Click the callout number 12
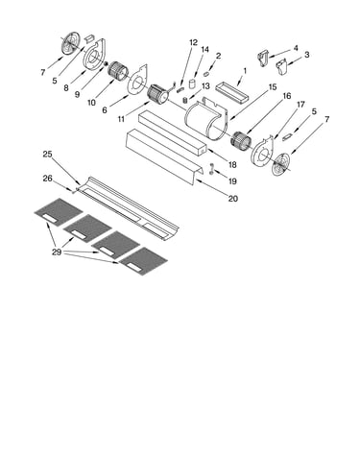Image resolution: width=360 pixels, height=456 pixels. click(x=193, y=42)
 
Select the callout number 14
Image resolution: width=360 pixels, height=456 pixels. click(x=204, y=49)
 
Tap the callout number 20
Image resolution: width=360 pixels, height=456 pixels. click(x=233, y=199)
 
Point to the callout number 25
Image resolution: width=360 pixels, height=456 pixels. click(x=47, y=155)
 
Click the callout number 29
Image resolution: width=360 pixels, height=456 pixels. click(x=57, y=252)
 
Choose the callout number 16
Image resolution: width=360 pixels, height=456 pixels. click(x=287, y=96)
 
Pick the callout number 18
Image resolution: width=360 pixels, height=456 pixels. click(x=232, y=165)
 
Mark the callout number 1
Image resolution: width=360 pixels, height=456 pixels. click(x=245, y=70)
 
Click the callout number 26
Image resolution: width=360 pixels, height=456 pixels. click(x=47, y=179)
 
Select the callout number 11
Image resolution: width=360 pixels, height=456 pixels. click(x=121, y=119)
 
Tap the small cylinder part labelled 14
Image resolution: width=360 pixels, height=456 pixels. click(x=192, y=84)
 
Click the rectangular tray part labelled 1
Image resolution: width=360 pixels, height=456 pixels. click(x=232, y=93)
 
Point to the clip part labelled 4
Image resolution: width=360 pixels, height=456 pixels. click(x=263, y=58)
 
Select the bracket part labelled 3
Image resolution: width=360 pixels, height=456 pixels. click(x=281, y=66)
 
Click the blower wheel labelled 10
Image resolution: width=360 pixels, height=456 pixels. click(x=117, y=72)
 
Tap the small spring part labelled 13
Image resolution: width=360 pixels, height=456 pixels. click(x=185, y=100)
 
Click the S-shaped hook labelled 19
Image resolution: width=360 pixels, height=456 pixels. click(x=211, y=169)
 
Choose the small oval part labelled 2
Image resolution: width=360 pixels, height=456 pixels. click(x=206, y=74)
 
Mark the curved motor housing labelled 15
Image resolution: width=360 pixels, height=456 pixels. click(x=205, y=118)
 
